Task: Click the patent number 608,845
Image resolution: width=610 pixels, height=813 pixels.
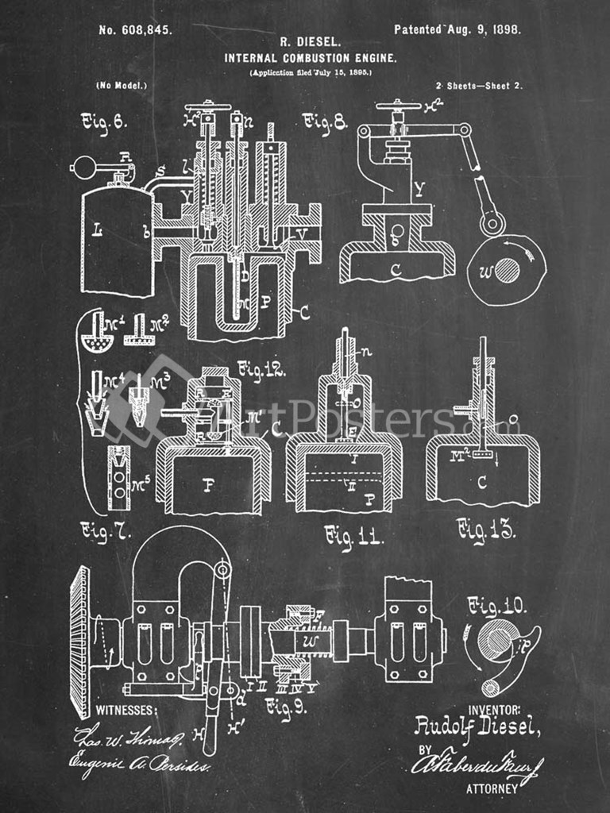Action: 134,30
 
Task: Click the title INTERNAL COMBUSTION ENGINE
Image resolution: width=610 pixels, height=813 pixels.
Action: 311,58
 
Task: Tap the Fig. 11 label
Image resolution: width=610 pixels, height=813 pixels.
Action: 353,538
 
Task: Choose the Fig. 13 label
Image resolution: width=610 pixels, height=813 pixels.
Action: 486,530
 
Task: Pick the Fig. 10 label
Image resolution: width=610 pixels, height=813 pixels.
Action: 496,607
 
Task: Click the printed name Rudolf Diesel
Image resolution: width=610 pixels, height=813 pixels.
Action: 477,726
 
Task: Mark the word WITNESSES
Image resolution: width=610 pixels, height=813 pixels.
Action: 126,710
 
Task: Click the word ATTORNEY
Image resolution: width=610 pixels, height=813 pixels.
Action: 492,788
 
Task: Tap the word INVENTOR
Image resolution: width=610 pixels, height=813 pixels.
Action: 495,709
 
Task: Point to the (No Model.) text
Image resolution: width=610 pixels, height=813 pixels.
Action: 121,85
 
